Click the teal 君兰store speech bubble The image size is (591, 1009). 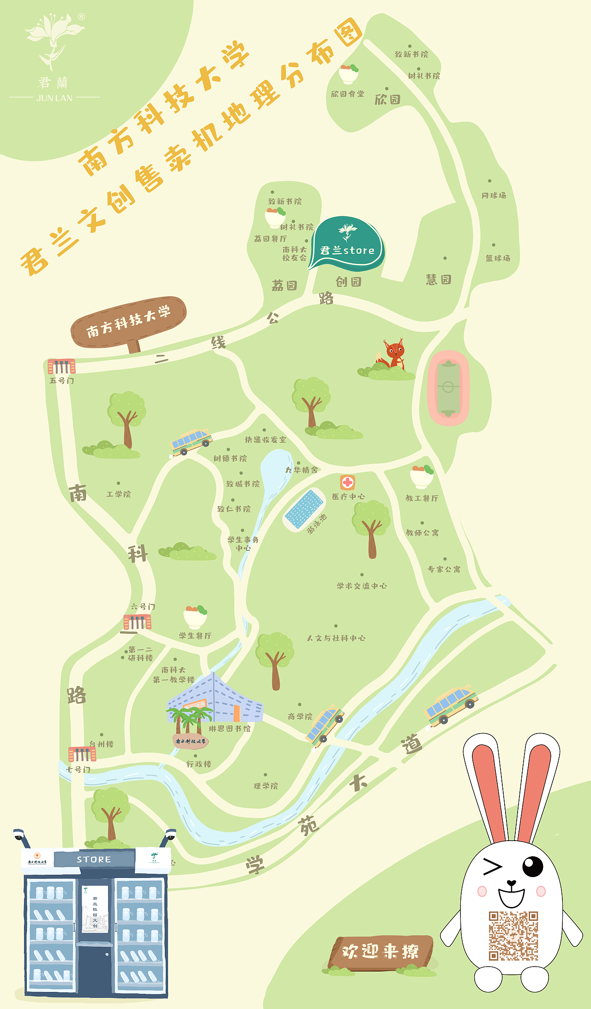coord(347,243)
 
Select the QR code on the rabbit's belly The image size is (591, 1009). coord(513,936)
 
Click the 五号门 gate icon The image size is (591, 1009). coord(61,366)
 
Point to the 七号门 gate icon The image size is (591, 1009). coord(82,754)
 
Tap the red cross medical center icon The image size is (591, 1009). coord(348,483)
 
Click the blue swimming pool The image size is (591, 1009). coord(304,509)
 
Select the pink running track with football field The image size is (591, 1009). coord(448,388)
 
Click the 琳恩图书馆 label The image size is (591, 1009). coord(229,728)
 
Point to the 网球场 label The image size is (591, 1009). coord(494,196)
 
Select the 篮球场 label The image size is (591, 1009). coord(498,258)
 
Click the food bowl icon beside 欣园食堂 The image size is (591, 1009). coord(349,74)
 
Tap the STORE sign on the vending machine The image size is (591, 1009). coord(94,860)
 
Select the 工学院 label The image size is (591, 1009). coord(119,494)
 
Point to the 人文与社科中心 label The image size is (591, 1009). coord(336,638)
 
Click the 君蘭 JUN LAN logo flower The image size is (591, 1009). coord(54,39)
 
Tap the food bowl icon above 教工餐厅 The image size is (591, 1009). coord(422,477)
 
